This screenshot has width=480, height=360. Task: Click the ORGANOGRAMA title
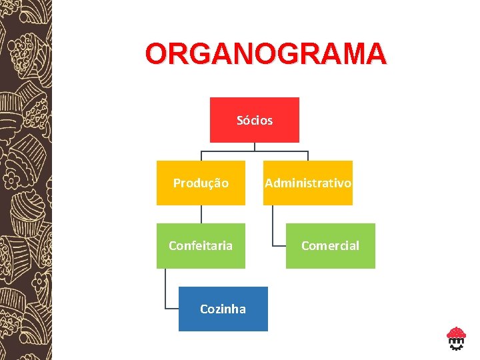tap(265, 54)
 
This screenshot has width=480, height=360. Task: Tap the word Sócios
tap(255, 121)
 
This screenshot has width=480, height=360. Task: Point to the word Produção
tap(201, 183)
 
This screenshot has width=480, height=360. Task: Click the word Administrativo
tap(308, 183)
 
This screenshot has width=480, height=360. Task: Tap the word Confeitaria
tap(201, 245)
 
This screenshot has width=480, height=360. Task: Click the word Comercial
tap(330, 245)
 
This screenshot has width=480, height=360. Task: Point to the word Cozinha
tap(223, 309)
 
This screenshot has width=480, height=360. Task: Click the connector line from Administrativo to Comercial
tap(273, 227)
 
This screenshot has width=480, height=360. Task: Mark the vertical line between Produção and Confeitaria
tap(201, 214)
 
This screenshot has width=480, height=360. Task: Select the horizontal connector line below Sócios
tap(255, 151)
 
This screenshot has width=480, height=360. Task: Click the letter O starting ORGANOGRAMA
tap(157, 54)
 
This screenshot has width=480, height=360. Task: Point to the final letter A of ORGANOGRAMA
tap(374, 54)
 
